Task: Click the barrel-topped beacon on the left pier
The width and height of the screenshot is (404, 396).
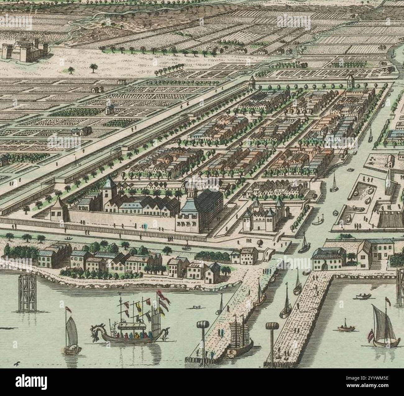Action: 202,326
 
